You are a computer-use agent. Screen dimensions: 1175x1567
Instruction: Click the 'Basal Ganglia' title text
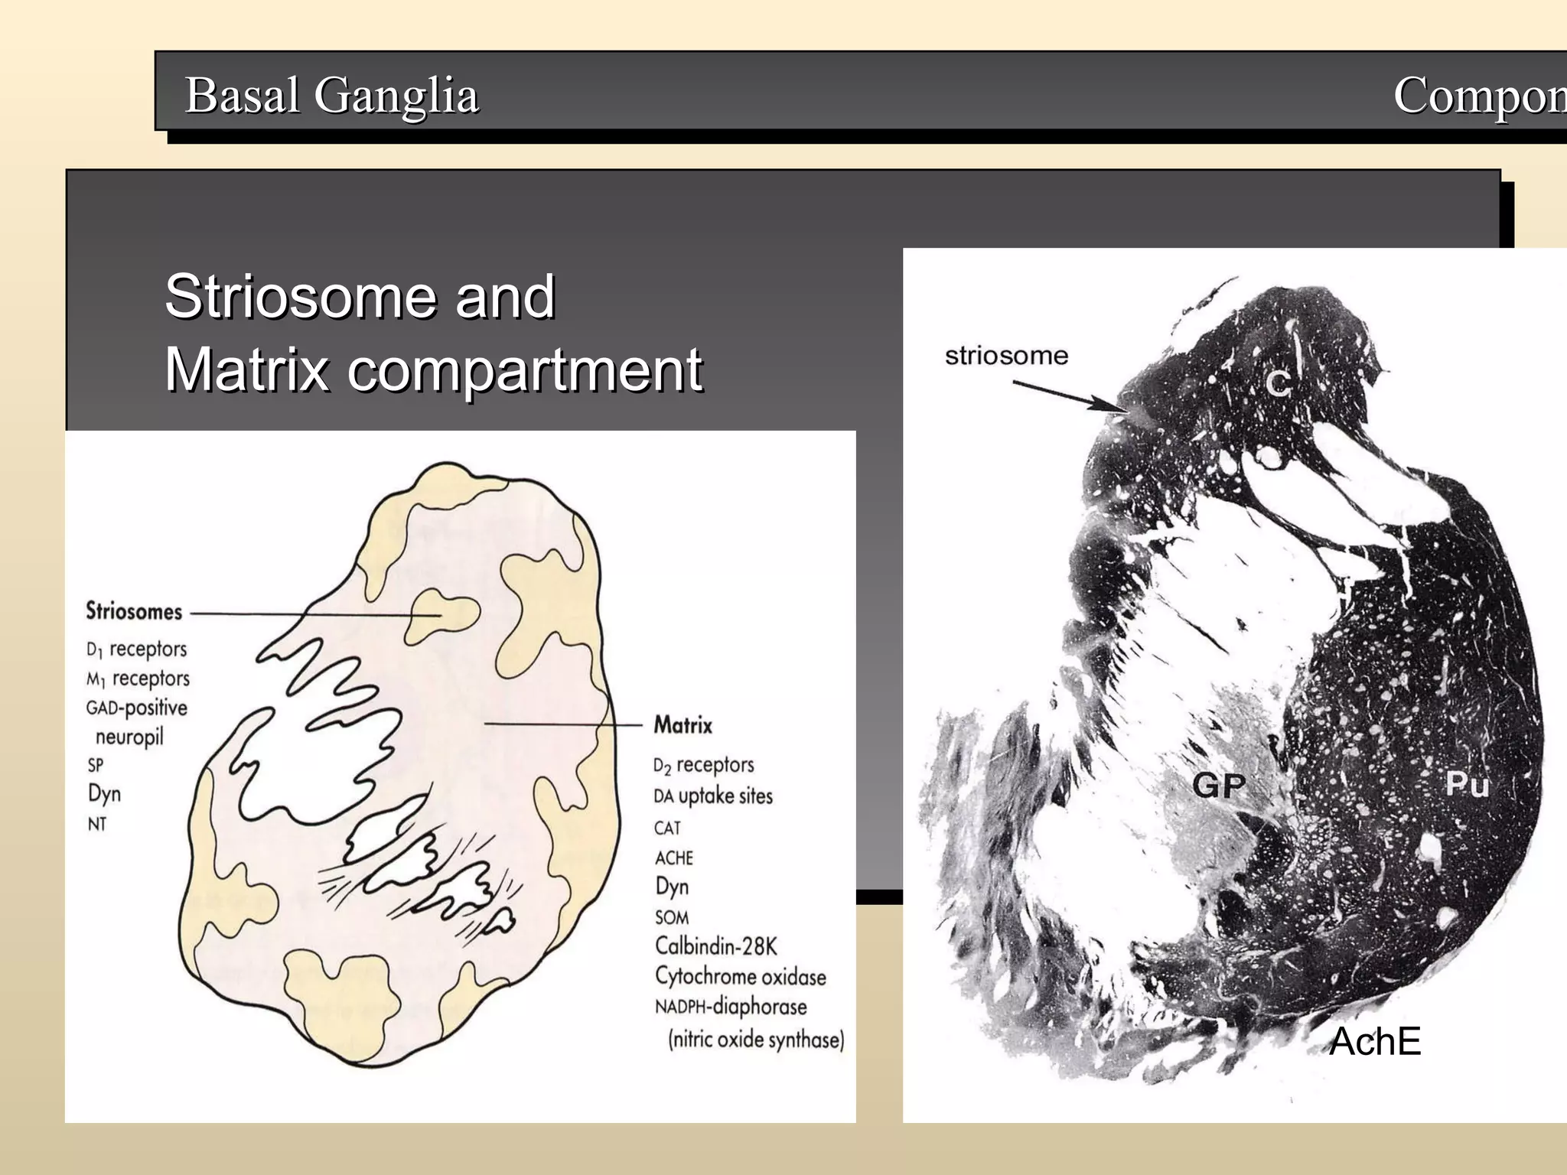pyautogui.click(x=331, y=96)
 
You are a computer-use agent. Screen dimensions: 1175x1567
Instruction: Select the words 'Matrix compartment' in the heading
pyautogui.click(x=433, y=369)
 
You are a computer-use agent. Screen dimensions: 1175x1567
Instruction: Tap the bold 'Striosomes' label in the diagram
pyautogui.click(x=134, y=611)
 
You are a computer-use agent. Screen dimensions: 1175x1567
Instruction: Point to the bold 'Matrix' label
pyautogui.click(x=683, y=724)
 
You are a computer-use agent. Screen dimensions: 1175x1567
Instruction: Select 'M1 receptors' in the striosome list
pyautogui.click(x=138, y=679)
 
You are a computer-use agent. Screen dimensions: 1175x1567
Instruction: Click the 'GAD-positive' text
pyautogui.click(x=137, y=708)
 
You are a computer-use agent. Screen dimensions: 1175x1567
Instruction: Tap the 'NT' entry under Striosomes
pyautogui.click(x=96, y=825)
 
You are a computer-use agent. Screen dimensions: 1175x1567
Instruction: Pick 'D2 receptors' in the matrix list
pyautogui.click(x=703, y=765)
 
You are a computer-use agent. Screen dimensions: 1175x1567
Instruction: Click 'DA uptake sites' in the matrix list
pyautogui.click(x=713, y=796)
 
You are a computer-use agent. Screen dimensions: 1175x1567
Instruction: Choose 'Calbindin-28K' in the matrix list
pyautogui.click(x=715, y=946)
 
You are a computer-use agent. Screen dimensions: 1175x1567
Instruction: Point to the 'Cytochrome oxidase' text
pyautogui.click(x=740, y=977)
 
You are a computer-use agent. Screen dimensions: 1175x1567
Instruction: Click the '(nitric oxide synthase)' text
pyautogui.click(x=756, y=1040)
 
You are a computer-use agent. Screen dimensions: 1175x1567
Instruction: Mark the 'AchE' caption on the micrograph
pyautogui.click(x=1375, y=1042)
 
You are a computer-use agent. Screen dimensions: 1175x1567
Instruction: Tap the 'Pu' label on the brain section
pyautogui.click(x=1467, y=784)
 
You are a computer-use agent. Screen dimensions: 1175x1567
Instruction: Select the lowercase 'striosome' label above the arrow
pyautogui.click(x=1006, y=356)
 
